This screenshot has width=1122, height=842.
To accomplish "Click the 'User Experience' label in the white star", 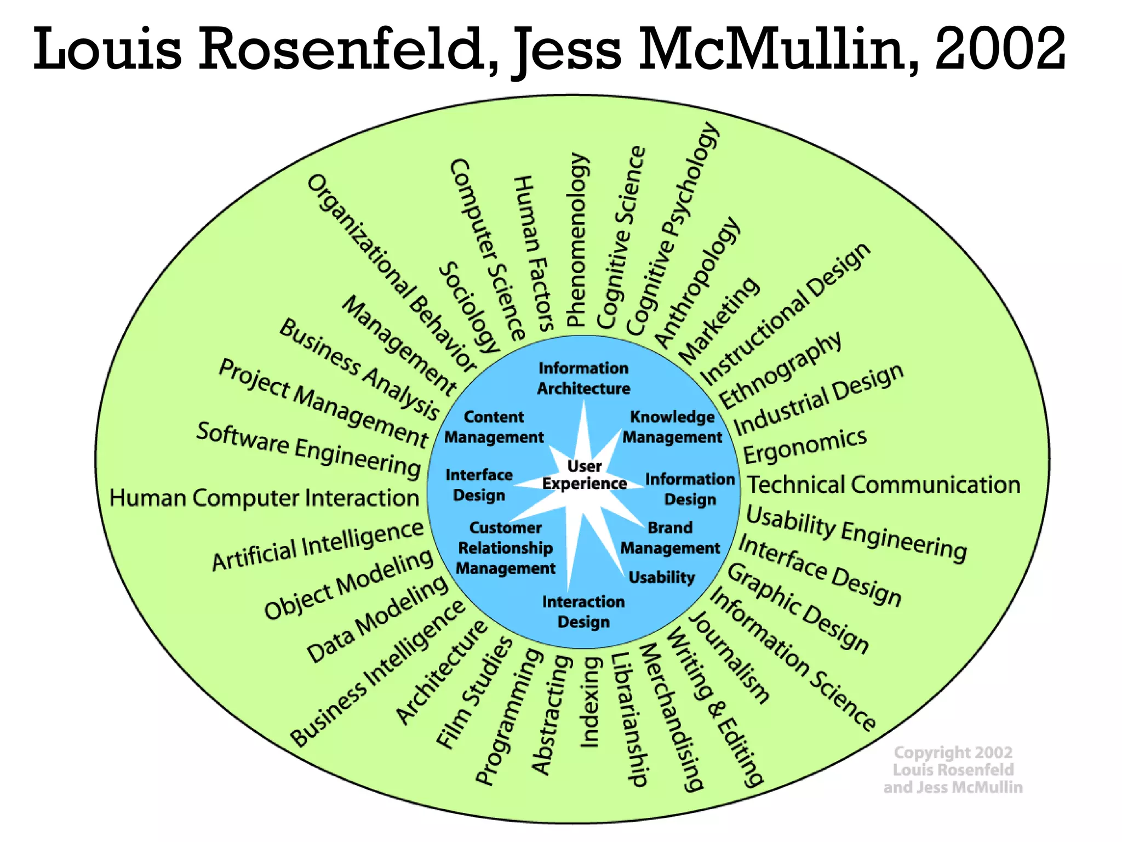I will (585, 475).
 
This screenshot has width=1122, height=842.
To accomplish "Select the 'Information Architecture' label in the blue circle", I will (583, 378).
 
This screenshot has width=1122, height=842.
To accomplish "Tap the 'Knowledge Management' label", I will (672, 427).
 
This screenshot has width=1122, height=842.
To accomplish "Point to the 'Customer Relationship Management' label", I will (506, 548).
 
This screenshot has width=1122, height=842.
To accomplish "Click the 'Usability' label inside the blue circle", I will (661, 577).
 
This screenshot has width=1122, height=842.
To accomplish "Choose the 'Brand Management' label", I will (670, 538).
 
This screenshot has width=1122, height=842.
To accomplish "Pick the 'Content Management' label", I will (494, 427).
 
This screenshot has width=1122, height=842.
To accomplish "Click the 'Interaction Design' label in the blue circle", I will (583, 612).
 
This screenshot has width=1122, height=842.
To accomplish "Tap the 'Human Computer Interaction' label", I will (264, 498).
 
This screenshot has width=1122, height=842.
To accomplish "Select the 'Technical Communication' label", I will (884, 485).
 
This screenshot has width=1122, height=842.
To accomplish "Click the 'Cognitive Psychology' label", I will (672, 228).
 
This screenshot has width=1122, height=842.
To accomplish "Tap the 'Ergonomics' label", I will (805, 445).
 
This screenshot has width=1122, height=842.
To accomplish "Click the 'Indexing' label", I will (590, 702).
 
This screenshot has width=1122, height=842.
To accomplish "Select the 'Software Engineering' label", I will (308, 449).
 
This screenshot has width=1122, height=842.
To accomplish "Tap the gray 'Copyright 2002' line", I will (953, 752).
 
